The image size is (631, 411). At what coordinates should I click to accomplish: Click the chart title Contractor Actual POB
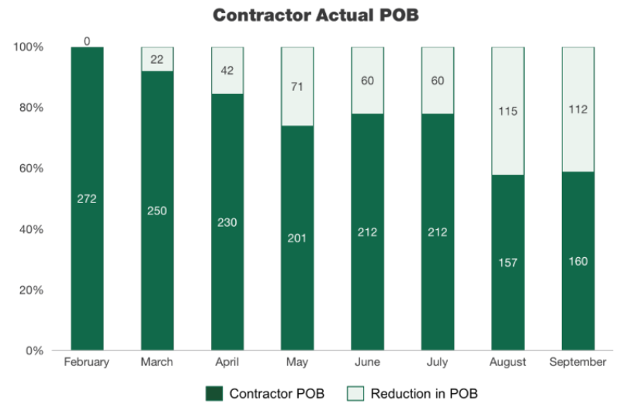click(315, 16)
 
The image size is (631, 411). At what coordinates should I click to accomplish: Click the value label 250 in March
click(157, 211)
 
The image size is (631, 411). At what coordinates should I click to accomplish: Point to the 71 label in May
click(297, 86)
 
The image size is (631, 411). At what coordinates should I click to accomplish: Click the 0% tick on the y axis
click(33, 350)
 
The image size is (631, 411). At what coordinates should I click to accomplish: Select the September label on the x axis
click(577, 362)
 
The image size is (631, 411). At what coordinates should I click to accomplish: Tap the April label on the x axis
click(227, 362)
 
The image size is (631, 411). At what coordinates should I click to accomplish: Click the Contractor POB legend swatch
click(213, 393)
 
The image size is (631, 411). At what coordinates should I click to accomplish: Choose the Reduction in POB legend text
click(424, 393)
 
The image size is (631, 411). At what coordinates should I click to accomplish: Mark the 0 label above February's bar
click(87, 40)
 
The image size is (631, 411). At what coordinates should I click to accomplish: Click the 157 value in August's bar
click(508, 263)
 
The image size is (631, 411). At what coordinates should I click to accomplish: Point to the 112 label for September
click(577, 110)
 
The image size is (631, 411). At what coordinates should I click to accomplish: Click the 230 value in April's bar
click(227, 222)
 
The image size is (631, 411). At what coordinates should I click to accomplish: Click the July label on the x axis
click(437, 362)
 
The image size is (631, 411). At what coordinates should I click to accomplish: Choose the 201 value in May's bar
click(297, 238)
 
